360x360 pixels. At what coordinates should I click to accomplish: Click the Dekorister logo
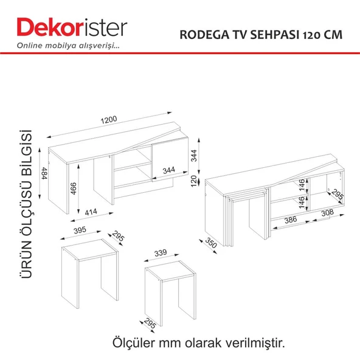pyautogui.click(x=72, y=27)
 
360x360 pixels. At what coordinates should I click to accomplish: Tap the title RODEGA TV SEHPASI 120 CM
pyautogui.click(x=261, y=35)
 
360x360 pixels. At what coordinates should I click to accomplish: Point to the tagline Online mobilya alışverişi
pyautogui.click(x=68, y=46)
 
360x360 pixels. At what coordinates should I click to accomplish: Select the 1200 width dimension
pyautogui.click(x=109, y=120)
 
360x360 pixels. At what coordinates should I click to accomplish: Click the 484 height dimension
pyautogui.click(x=44, y=173)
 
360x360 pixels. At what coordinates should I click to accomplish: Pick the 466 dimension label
pyautogui.click(x=73, y=189)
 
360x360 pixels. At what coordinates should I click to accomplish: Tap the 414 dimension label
pyautogui.click(x=91, y=212)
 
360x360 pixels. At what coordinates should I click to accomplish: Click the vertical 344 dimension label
pyautogui.click(x=194, y=156)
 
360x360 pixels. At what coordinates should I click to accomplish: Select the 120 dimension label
pyautogui.click(x=194, y=181)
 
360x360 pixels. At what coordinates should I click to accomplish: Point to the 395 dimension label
pyautogui.click(x=80, y=230)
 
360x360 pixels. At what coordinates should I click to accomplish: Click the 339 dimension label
pyautogui.click(x=161, y=253)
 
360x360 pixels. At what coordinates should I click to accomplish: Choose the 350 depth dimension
pyautogui.click(x=211, y=243)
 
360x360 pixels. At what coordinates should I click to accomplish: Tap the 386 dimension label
pyautogui.click(x=291, y=220)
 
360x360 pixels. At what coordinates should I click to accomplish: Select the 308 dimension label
pyautogui.click(x=327, y=213)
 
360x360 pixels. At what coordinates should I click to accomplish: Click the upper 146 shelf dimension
pyautogui.click(x=302, y=185)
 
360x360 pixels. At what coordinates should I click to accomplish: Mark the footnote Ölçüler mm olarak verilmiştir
pyautogui.click(x=199, y=343)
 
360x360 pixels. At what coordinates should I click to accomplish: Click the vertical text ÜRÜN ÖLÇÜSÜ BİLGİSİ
pyautogui.click(x=26, y=204)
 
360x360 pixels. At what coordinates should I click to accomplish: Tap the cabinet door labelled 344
pyautogui.click(x=170, y=159)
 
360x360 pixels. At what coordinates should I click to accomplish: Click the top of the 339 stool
pyautogui.click(x=170, y=271)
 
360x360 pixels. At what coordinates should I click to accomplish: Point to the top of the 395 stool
pyautogui.click(x=90, y=249)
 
